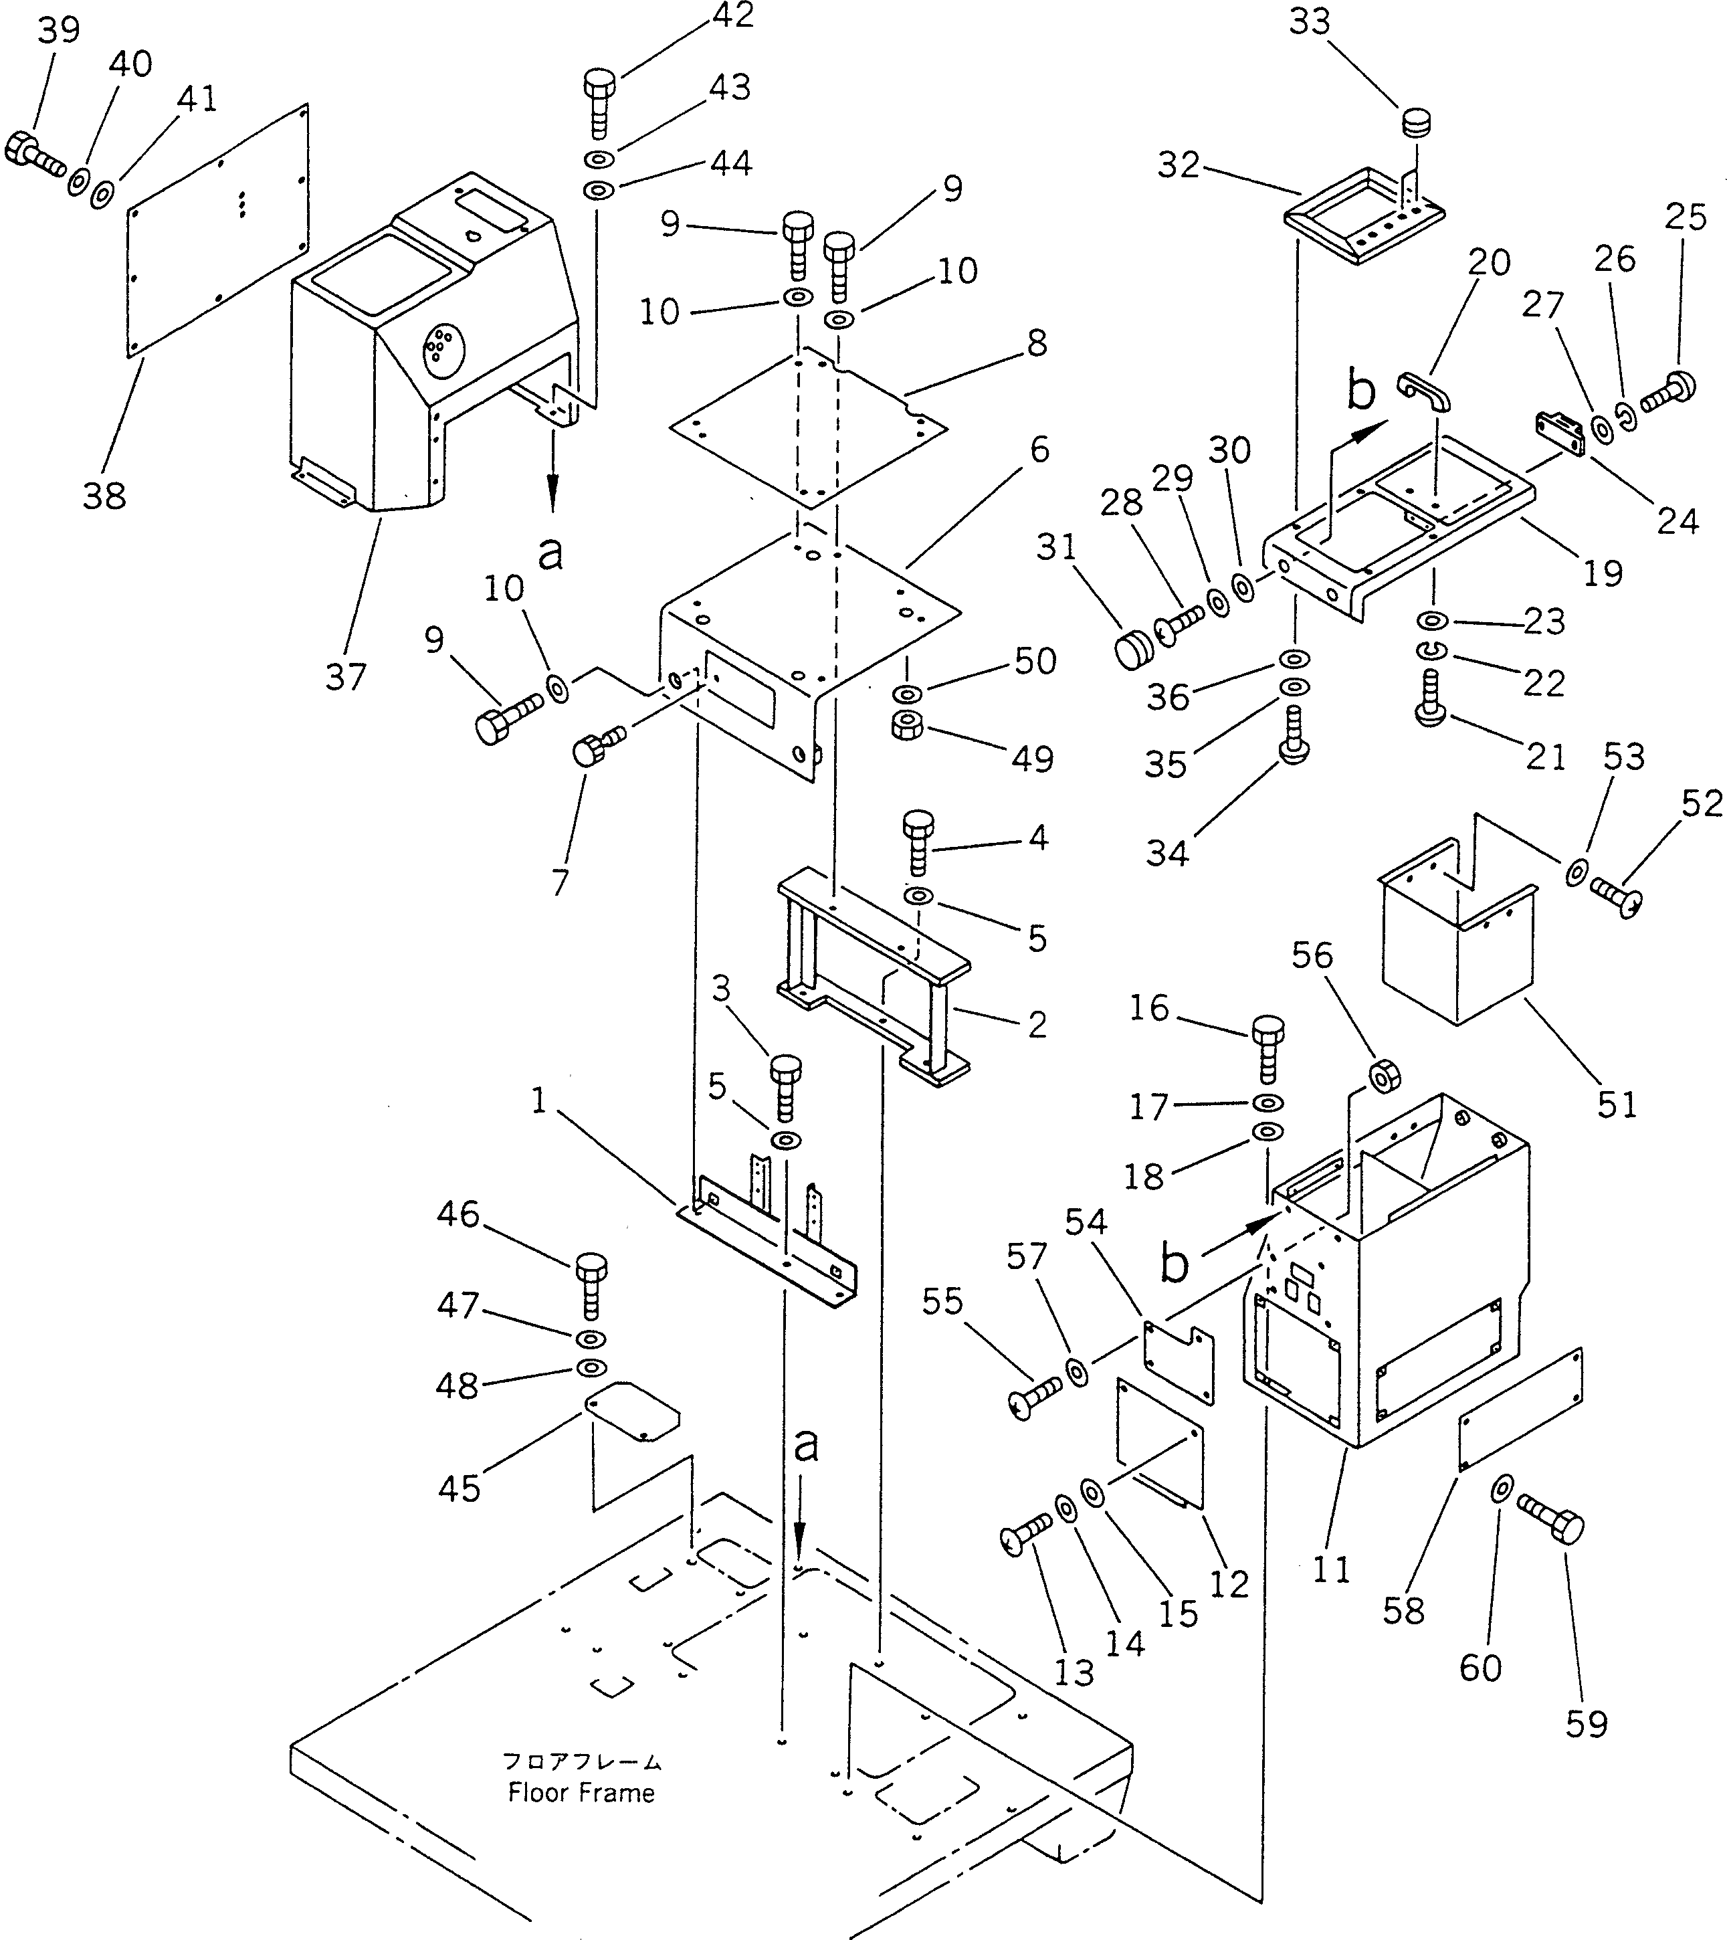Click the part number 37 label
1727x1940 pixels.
click(x=345, y=677)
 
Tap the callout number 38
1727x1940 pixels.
click(x=104, y=494)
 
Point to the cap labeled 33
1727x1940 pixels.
click(x=1416, y=123)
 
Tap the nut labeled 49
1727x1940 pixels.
click(x=908, y=727)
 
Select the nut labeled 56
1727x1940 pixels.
click(x=1382, y=1075)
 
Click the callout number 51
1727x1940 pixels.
click(x=1616, y=1104)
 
